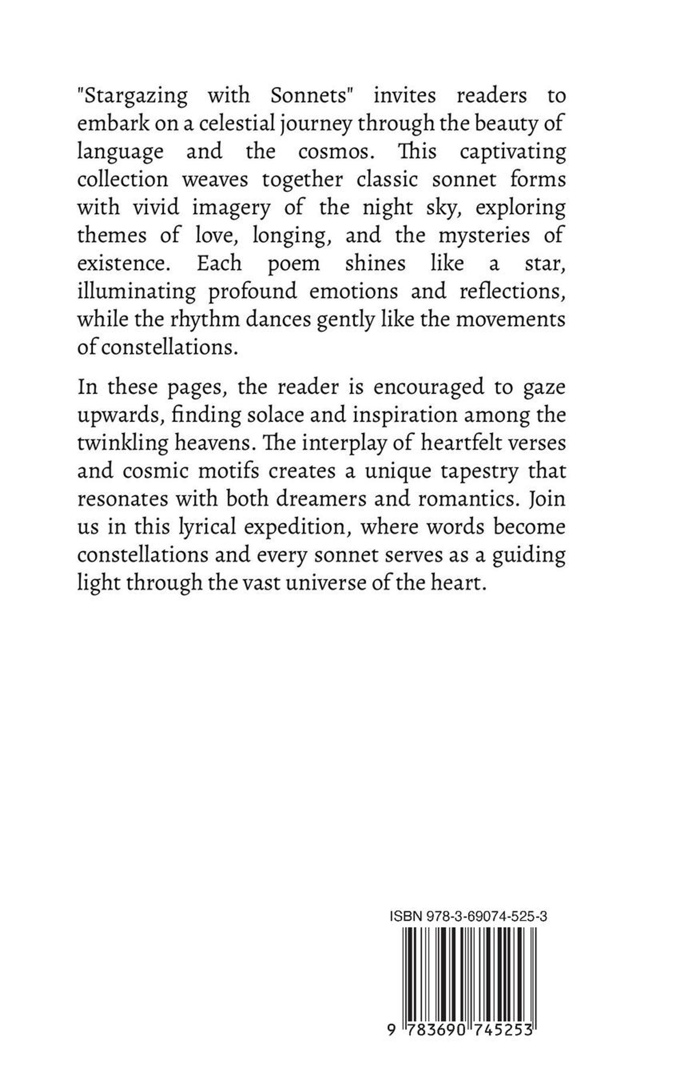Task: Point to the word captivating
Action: tap(512, 153)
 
